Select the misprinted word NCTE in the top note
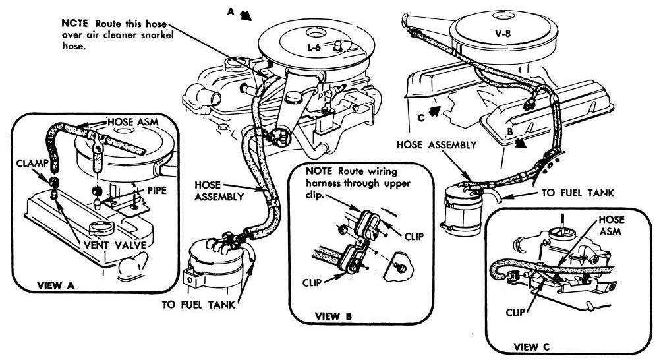71,20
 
